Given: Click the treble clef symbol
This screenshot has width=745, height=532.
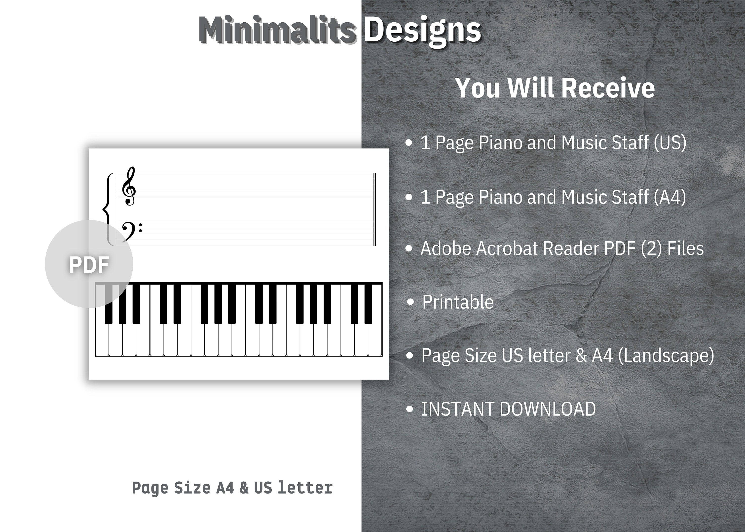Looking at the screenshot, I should click(x=128, y=186).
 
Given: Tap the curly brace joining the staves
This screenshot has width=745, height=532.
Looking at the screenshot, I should click(x=108, y=209).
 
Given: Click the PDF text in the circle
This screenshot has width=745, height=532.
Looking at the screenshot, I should click(x=89, y=265).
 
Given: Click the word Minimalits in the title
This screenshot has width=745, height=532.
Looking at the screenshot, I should click(x=277, y=31).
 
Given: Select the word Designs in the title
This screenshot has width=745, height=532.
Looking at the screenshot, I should click(x=423, y=31).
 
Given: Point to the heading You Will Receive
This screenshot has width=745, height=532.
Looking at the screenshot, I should click(x=555, y=88).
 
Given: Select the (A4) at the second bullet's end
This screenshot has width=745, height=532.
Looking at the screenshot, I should click(x=670, y=197).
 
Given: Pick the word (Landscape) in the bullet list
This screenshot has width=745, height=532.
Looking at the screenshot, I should click(x=666, y=355).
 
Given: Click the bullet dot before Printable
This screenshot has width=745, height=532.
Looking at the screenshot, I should click(x=410, y=302).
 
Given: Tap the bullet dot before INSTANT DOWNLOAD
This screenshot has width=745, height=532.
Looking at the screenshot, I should click(x=410, y=409).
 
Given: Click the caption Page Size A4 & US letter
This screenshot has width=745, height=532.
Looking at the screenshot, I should click(x=232, y=488).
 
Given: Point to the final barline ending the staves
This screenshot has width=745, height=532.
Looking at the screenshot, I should click(x=375, y=209).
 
